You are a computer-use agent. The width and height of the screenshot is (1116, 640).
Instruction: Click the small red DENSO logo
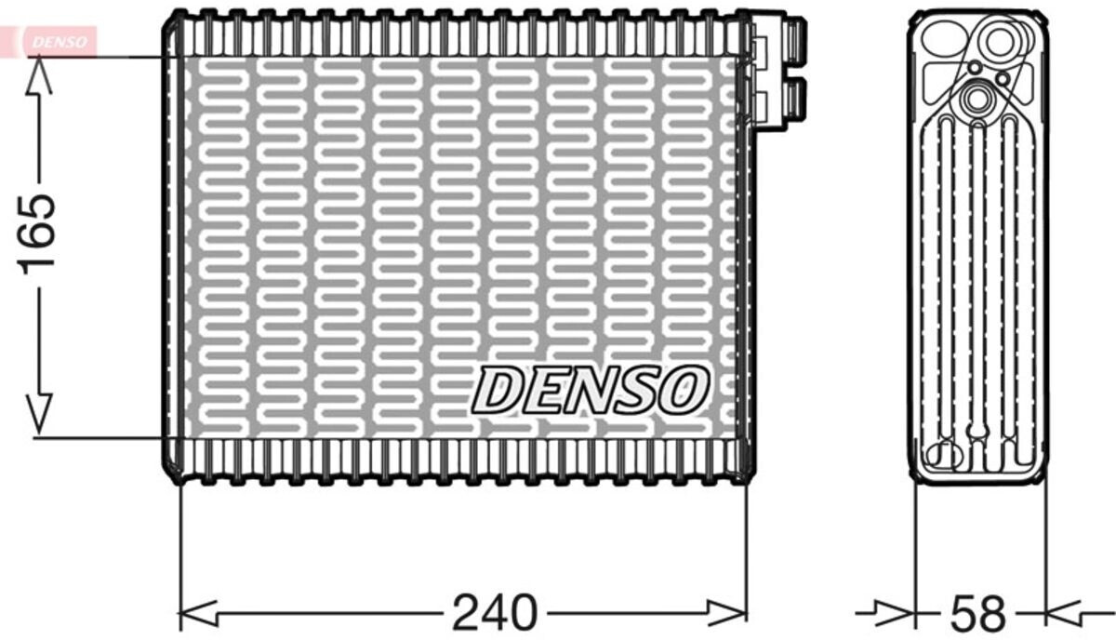tap(58, 41)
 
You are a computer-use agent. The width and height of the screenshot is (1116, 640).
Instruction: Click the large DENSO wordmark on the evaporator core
tap(591, 389)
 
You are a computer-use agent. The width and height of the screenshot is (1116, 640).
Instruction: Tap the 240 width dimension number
tap(496, 612)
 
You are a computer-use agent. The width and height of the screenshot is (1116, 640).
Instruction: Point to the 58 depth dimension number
tap(979, 614)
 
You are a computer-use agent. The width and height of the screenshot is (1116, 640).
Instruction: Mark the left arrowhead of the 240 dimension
tap(195, 612)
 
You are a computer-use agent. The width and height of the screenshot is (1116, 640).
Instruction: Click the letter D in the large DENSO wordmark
tap(502, 389)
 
